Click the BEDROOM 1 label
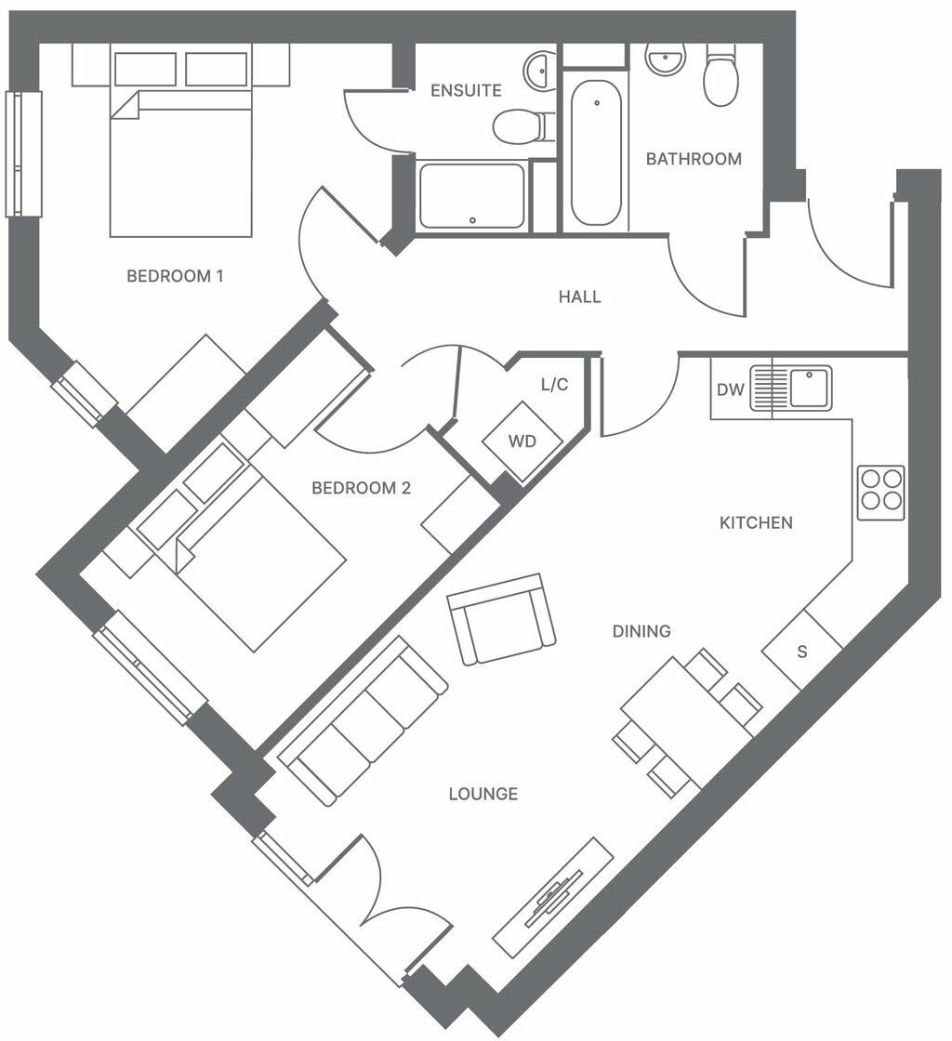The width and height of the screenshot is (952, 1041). [x=175, y=275]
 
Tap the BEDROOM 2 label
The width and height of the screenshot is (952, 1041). [x=361, y=488]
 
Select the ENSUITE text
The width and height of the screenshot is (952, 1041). [x=466, y=90]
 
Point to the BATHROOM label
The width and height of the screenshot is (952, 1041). [x=694, y=159]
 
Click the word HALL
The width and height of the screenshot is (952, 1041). [x=579, y=296]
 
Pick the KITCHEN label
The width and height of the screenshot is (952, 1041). [x=756, y=522]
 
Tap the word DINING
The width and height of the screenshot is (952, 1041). [x=641, y=631]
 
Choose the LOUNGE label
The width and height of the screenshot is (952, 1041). [x=483, y=794]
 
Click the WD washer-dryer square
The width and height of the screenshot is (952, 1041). [x=522, y=441]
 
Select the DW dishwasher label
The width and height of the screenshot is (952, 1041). [x=730, y=389]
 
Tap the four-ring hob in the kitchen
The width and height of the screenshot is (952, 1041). [x=881, y=493]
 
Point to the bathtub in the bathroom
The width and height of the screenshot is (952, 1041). [x=596, y=153]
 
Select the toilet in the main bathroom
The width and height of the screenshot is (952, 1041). [x=721, y=75]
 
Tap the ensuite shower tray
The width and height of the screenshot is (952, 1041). [x=472, y=196]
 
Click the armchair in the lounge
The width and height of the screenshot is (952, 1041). [x=502, y=619]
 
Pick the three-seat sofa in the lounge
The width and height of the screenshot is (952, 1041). [x=363, y=721]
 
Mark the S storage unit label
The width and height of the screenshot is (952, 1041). [x=802, y=652]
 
